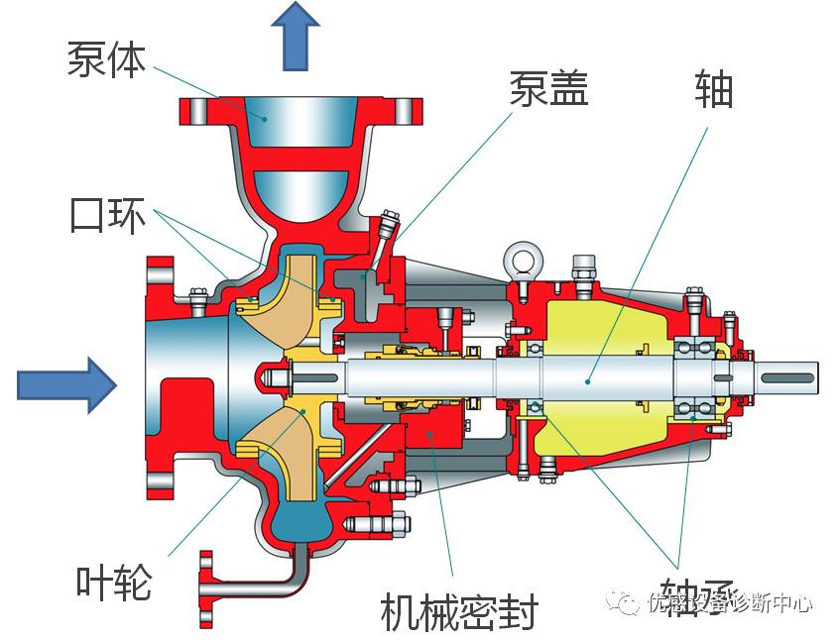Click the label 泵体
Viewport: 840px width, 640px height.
coord(106,58)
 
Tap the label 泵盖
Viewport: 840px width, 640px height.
coord(548,88)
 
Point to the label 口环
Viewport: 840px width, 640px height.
coord(107,215)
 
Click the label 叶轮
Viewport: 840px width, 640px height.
coord(114,583)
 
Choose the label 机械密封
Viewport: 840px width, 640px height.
coord(458,613)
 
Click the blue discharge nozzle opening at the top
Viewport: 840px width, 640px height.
coord(265,120)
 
